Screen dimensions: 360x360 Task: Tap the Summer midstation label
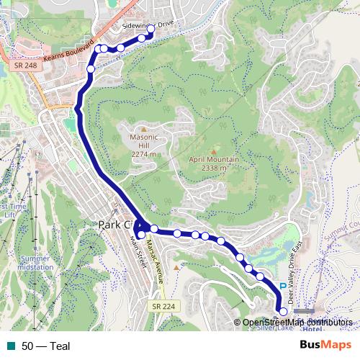(36, 262)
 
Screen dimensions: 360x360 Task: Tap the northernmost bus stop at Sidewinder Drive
(151, 39)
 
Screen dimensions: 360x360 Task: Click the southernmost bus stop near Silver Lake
(283, 312)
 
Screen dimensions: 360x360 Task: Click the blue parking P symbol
(282, 285)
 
